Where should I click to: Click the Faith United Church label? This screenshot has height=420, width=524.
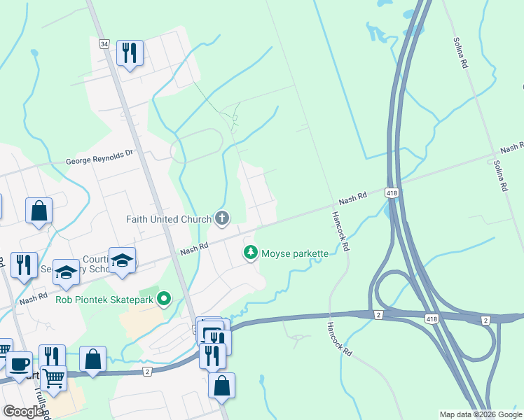(x=168, y=219)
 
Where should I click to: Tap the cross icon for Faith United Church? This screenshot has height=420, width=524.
(x=222, y=218)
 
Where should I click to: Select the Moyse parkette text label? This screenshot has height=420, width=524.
(x=294, y=253)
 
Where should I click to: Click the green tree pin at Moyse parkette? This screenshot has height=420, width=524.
(x=251, y=253)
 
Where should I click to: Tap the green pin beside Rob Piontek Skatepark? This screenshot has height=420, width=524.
(x=165, y=299)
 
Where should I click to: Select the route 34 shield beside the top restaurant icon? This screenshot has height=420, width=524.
(x=104, y=44)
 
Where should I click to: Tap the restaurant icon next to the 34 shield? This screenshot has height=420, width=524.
(x=130, y=53)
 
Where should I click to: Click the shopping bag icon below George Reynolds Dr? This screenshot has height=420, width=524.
(x=39, y=211)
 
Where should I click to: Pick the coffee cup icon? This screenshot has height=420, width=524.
(x=19, y=364)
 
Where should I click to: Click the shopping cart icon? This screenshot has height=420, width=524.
(x=53, y=378)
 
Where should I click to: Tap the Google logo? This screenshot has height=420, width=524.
(x=24, y=412)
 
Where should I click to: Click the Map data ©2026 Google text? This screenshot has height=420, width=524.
(x=481, y=414)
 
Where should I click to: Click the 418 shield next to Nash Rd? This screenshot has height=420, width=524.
(x=392, y=192)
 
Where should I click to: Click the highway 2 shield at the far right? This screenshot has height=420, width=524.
(x=486, y=320)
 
